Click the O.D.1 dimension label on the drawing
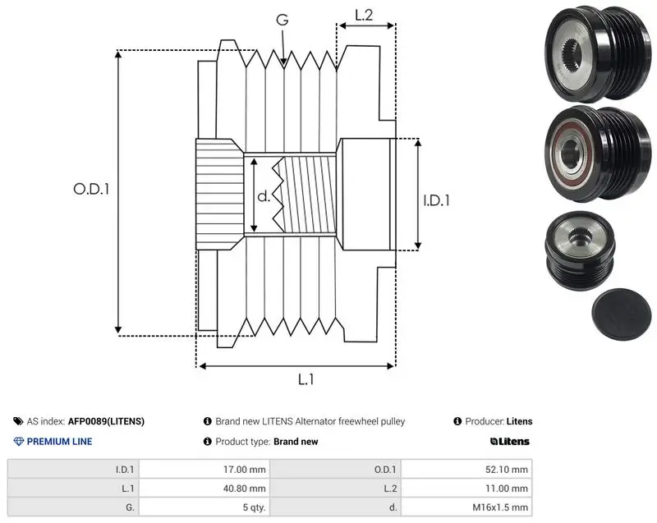coord(91,190)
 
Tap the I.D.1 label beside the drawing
coord(436,200)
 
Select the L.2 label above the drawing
coord(364,15)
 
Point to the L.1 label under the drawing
coord(306,379)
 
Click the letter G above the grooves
coord(283,19)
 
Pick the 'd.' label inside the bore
coord(264,196)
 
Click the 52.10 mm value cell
coord(466,470)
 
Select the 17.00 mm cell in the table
coord(204,470)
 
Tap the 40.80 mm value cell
coord(204,489)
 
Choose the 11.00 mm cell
coord(466,489)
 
